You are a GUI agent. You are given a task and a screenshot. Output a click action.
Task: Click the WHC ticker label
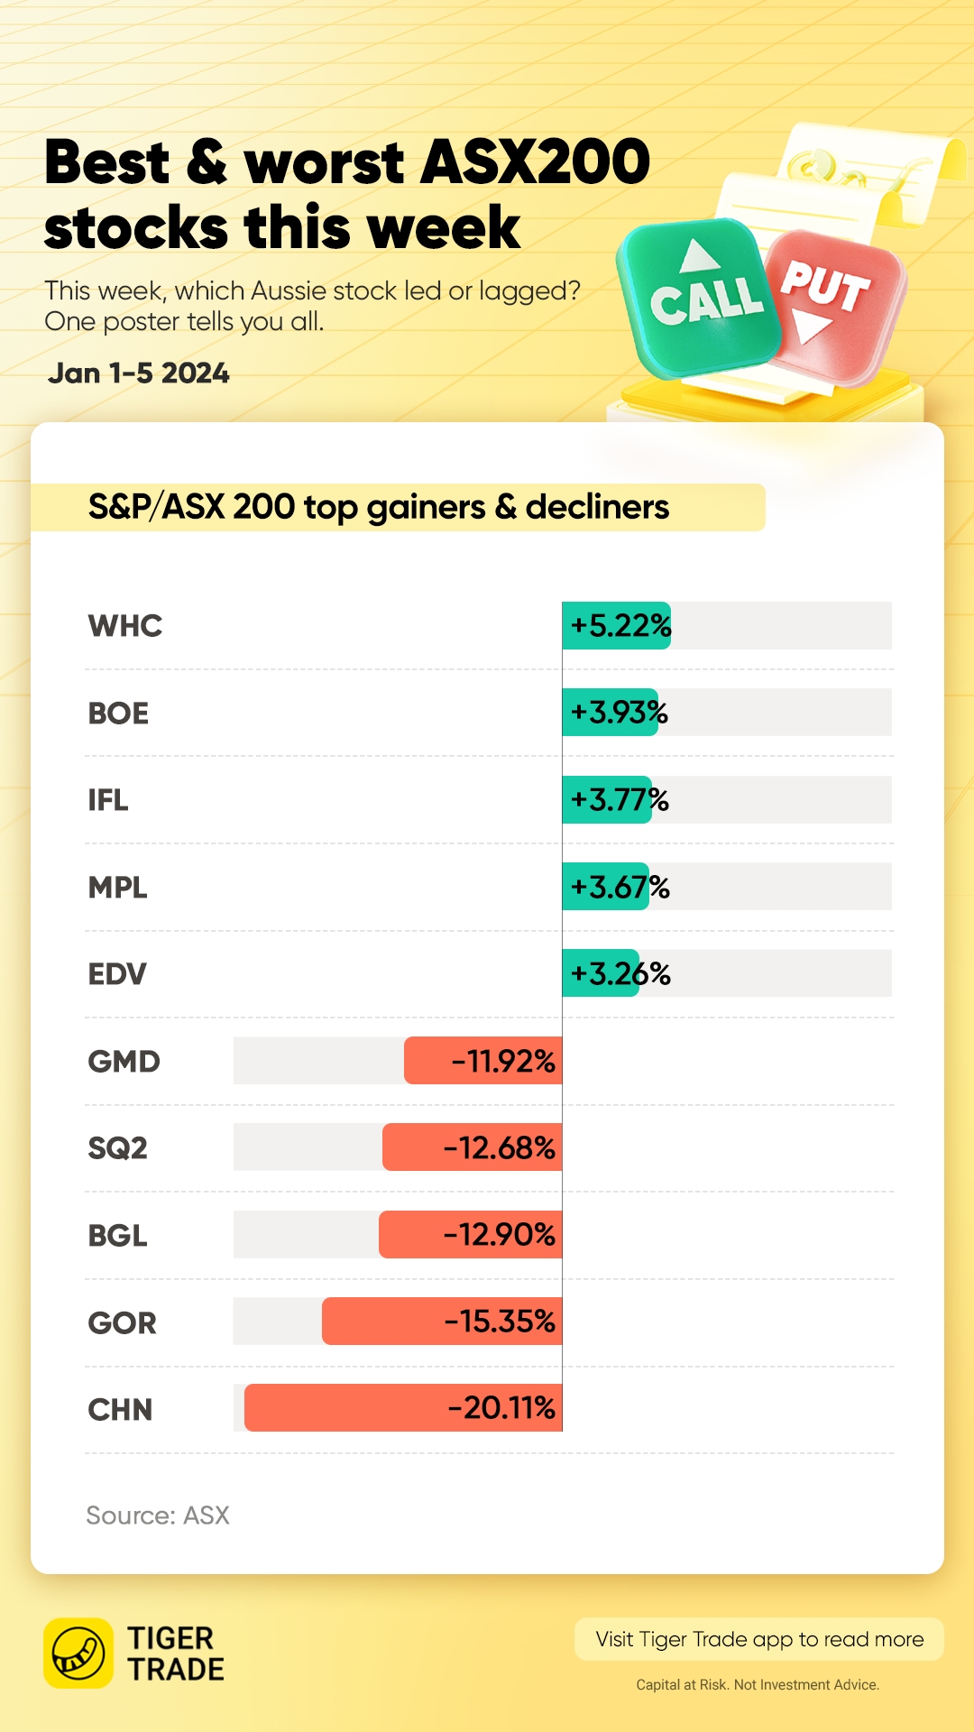[124, 626]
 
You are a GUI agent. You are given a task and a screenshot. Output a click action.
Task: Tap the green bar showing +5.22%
[617, 626]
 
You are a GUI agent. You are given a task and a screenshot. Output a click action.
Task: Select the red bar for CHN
[403, 1408]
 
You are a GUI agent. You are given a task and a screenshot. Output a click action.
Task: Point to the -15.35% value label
[500, 1322]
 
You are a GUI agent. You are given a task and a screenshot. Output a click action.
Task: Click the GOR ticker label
[122, 1323]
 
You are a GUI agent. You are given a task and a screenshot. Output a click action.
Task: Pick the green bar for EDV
[601, 973]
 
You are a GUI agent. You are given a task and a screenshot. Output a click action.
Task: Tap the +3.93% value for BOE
[619, 713]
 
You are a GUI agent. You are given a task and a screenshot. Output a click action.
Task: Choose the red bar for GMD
[483, 1061]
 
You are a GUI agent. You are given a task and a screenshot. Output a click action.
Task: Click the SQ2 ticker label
[117, 1148]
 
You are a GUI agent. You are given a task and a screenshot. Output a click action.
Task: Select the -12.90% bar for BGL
[471, 1235]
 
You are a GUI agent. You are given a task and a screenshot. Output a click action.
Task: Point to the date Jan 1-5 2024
[139, 373]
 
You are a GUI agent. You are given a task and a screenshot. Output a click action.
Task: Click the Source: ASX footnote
[158, 1515]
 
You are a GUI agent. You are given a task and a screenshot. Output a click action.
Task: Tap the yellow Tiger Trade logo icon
[78, 1654]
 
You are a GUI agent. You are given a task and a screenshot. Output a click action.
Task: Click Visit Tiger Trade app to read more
[759, 1639]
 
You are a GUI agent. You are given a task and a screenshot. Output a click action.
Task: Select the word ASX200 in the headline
[536, 162]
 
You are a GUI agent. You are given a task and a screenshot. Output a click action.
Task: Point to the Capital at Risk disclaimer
[758, 1684]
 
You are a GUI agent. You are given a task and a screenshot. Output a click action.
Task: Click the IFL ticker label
[108, 800]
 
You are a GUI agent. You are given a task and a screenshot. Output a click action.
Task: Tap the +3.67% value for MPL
[620, 888]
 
